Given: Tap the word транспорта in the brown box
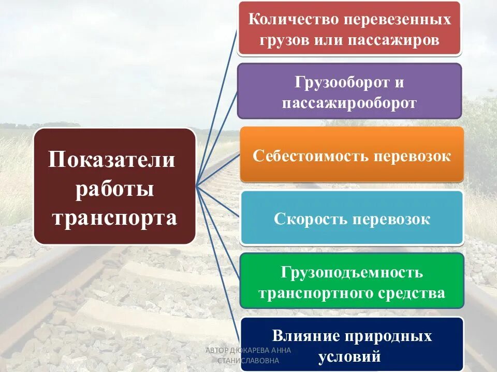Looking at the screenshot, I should pyautogui.click(x=114, y=218).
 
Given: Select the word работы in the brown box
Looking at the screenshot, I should pyautogui.click(x=114, y=189).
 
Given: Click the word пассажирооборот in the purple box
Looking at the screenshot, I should pyautogui.click(x=349, y=103).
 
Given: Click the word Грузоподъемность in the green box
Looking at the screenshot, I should pyautogui.click(x=352, y=272).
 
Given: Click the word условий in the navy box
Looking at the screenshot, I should pyautogui.click(x=349, y=357).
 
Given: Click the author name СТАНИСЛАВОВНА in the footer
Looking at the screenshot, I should pyautogui.click(x=248, y=361).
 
